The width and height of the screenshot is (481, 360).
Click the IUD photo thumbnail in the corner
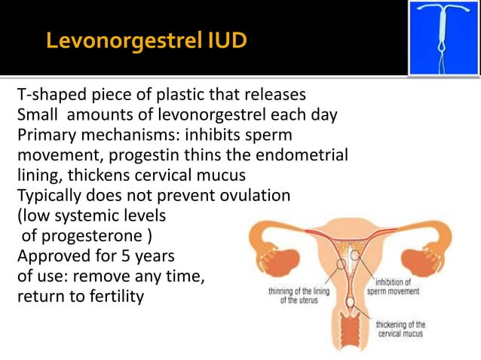443,38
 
